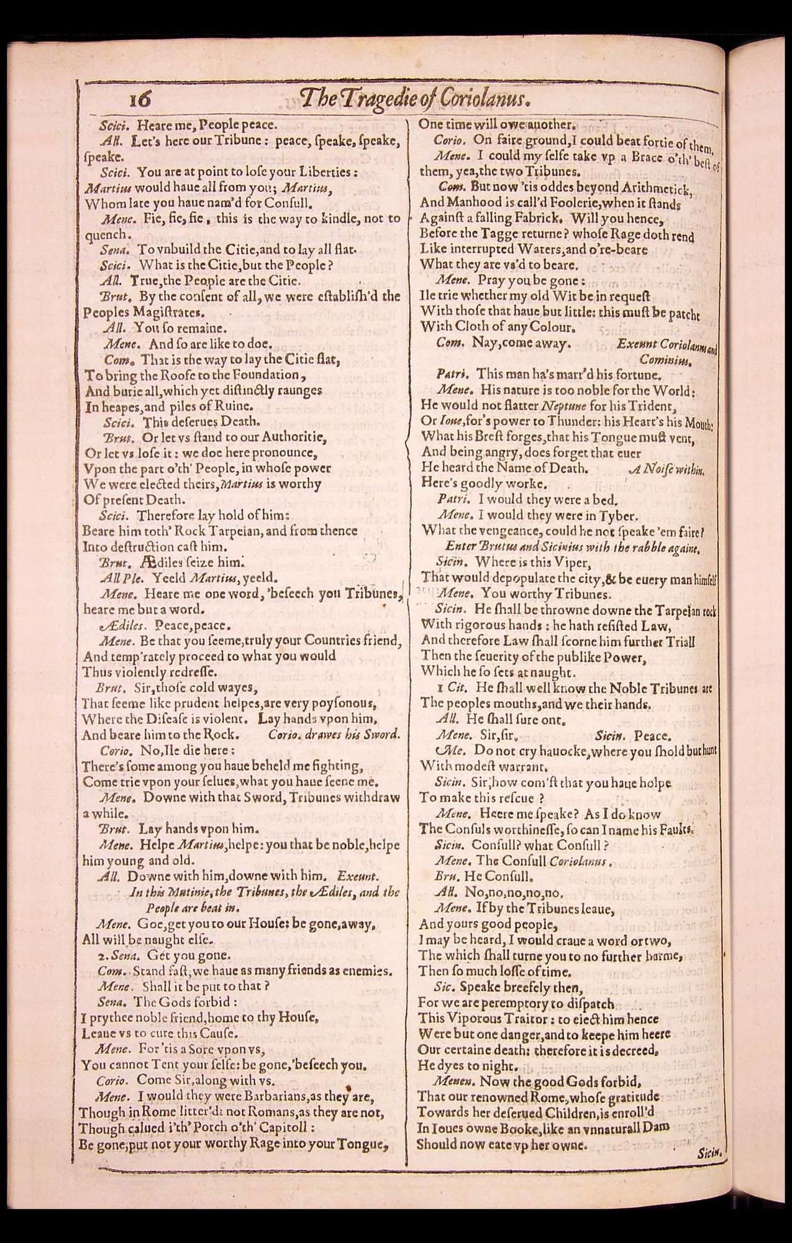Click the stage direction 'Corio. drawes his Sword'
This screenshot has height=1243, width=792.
click(334, 734)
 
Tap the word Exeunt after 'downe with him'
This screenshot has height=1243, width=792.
click(357, 876)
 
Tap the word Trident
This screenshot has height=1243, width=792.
click(653, 406)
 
